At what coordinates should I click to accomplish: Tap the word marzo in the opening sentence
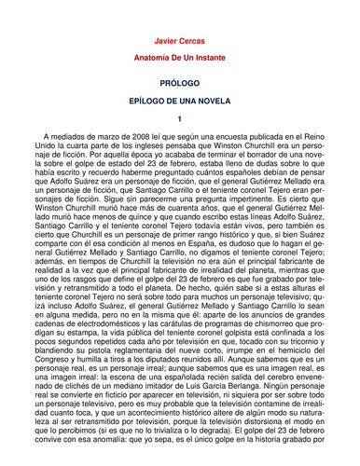point(87,135)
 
